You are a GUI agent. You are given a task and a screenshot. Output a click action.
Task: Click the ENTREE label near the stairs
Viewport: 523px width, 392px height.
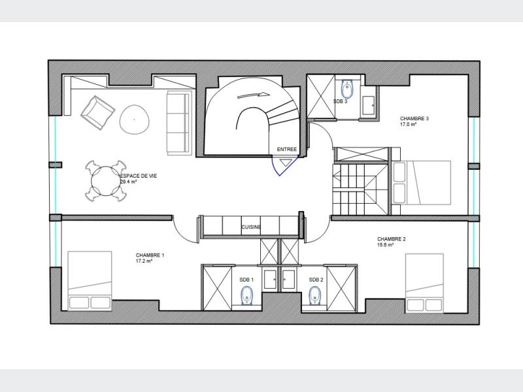286,150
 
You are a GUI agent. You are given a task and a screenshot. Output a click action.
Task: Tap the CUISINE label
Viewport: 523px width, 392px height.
251,227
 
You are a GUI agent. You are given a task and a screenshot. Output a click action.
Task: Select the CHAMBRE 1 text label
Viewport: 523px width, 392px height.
150,255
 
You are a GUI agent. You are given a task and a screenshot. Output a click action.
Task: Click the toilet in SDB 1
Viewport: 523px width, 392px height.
247,295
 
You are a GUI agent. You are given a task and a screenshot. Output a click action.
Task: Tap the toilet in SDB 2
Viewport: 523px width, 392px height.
314,295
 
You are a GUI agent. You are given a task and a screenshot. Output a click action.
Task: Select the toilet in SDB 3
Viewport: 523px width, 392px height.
347,88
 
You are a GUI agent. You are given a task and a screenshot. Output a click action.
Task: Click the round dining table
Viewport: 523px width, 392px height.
105,181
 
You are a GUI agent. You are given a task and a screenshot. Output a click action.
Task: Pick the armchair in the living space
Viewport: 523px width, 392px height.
98,112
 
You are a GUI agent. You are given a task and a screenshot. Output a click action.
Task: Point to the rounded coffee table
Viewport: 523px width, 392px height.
135,120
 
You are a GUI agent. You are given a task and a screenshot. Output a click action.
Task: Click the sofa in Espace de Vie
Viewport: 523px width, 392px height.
178,123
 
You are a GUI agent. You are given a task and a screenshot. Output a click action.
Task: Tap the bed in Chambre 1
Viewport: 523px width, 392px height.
90,281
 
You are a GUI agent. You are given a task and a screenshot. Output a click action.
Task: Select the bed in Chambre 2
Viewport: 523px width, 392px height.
424,283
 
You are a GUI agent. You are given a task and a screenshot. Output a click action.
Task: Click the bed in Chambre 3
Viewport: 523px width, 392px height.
422,182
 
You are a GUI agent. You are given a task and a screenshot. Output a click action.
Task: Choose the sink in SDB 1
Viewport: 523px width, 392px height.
270,280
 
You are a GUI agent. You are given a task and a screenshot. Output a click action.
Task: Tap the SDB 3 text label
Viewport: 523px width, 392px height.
340,101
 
